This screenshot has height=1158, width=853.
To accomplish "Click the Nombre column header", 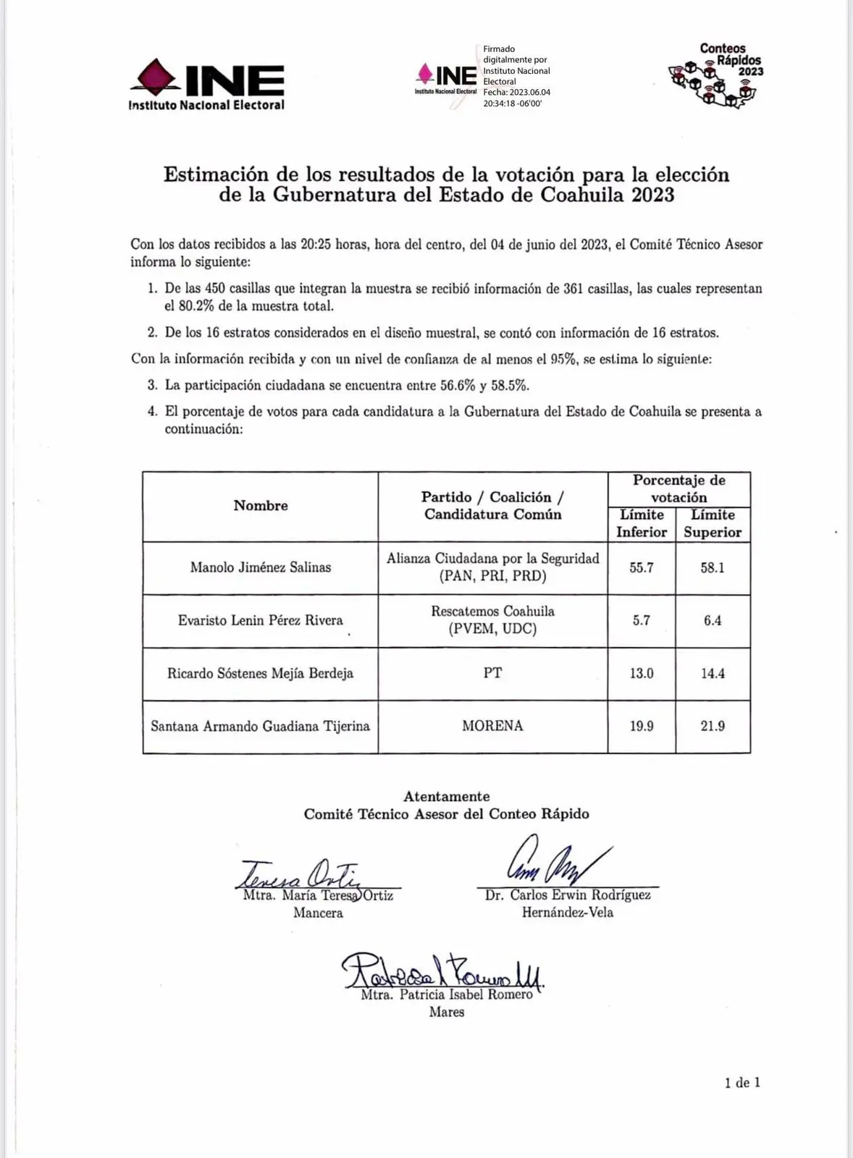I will tap(261, 506).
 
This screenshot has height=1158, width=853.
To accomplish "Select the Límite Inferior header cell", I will tap(642, 523).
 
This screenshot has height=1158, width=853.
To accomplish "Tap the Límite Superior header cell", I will tap(713, 523).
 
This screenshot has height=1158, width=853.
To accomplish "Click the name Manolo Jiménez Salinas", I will tap(261, 567).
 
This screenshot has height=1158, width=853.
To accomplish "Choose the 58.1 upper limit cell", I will tap(713, 567).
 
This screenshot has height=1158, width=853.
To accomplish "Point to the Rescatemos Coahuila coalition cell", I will tap(492, 620).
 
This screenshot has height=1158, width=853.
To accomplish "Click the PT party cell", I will tap(492, 673).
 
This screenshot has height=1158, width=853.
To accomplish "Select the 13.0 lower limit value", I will tap(642, 673).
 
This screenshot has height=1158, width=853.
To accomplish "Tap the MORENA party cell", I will tap(492, 726).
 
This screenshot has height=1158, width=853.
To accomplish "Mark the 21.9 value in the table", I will tap(713, 726).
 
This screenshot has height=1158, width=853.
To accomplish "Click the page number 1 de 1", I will tap(742, 1083).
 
